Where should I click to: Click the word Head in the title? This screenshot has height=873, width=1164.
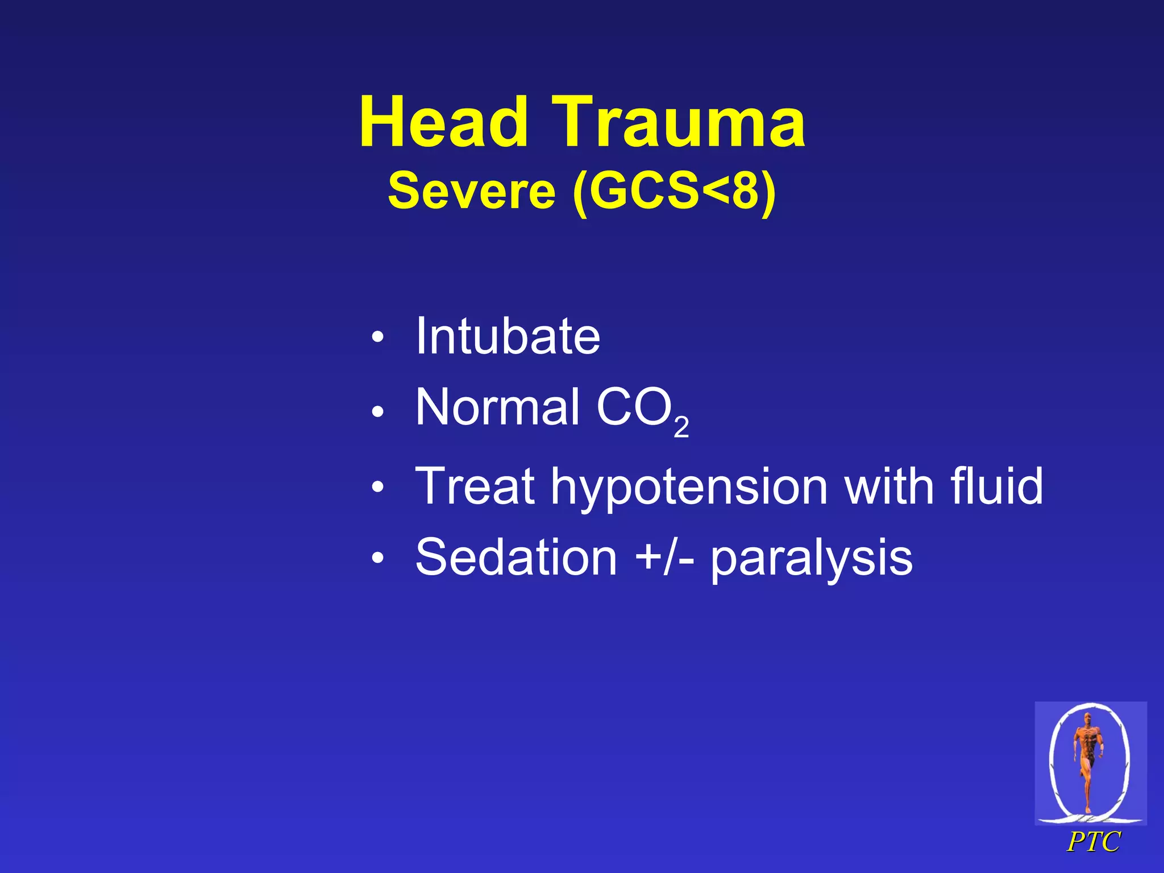443,122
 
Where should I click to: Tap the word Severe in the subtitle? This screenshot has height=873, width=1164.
471,191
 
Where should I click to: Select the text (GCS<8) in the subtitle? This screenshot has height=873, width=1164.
674,192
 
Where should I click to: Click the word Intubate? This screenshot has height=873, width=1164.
507,336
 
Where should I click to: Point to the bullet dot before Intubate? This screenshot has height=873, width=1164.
377,339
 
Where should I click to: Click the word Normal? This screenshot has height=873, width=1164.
497,407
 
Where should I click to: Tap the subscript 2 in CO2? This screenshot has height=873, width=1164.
681,427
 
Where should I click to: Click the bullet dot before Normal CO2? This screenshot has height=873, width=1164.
377,410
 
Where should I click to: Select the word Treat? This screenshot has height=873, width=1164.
475,486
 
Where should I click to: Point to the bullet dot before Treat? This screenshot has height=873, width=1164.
377,488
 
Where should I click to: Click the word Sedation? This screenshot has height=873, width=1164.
516,558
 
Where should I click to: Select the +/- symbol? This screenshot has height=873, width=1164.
664,558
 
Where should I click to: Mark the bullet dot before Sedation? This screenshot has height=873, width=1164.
377,559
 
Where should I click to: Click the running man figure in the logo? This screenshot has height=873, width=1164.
1088,759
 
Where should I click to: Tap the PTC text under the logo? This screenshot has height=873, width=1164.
1093,842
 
